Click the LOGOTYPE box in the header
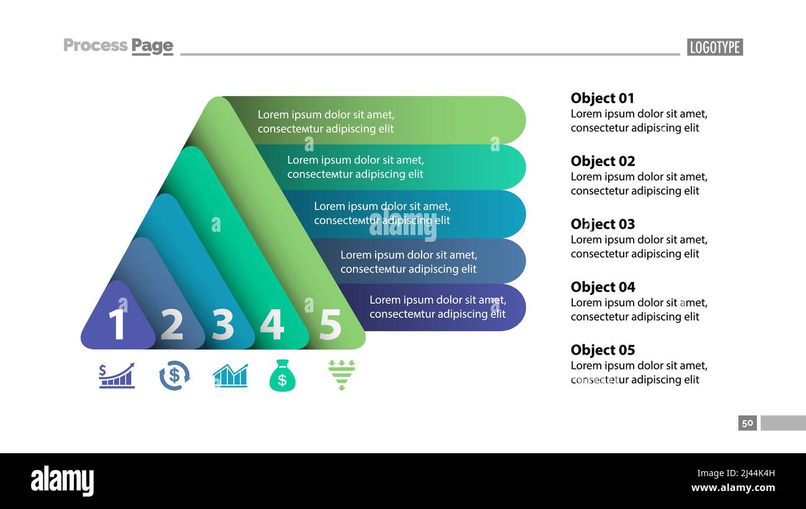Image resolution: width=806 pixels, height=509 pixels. coord(714,47)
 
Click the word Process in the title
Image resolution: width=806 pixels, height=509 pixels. coord(95,45)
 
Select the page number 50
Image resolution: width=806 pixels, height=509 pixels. coord(747,423)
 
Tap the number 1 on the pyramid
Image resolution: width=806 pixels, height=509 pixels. coord(117,324)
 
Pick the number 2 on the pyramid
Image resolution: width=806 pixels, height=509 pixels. coord(172,324)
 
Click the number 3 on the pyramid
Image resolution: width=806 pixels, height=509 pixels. coord(223,324)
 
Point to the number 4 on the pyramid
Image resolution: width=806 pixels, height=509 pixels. coord(272,324)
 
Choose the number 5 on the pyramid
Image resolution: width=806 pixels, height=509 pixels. coord(330,324)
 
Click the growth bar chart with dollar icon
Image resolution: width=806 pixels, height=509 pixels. coord(117,376)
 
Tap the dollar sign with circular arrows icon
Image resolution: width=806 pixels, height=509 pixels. coord(174,376)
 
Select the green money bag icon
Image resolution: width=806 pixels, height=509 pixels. coord(282,376)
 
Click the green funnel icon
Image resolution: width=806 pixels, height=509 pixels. coord(342,374)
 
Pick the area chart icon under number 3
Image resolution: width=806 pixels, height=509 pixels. coord(230,376)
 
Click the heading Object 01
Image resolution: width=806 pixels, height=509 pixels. coord(602,98)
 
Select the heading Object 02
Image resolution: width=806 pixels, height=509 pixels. coord(603,161)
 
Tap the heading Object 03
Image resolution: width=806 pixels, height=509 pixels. coord(603,224)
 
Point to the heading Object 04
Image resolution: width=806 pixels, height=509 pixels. coord(603,287)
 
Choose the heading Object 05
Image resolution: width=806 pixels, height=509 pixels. coord(603,350)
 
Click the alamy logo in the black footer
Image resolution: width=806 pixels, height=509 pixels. coord(62,481)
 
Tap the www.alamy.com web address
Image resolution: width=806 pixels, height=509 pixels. coord(733,488)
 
